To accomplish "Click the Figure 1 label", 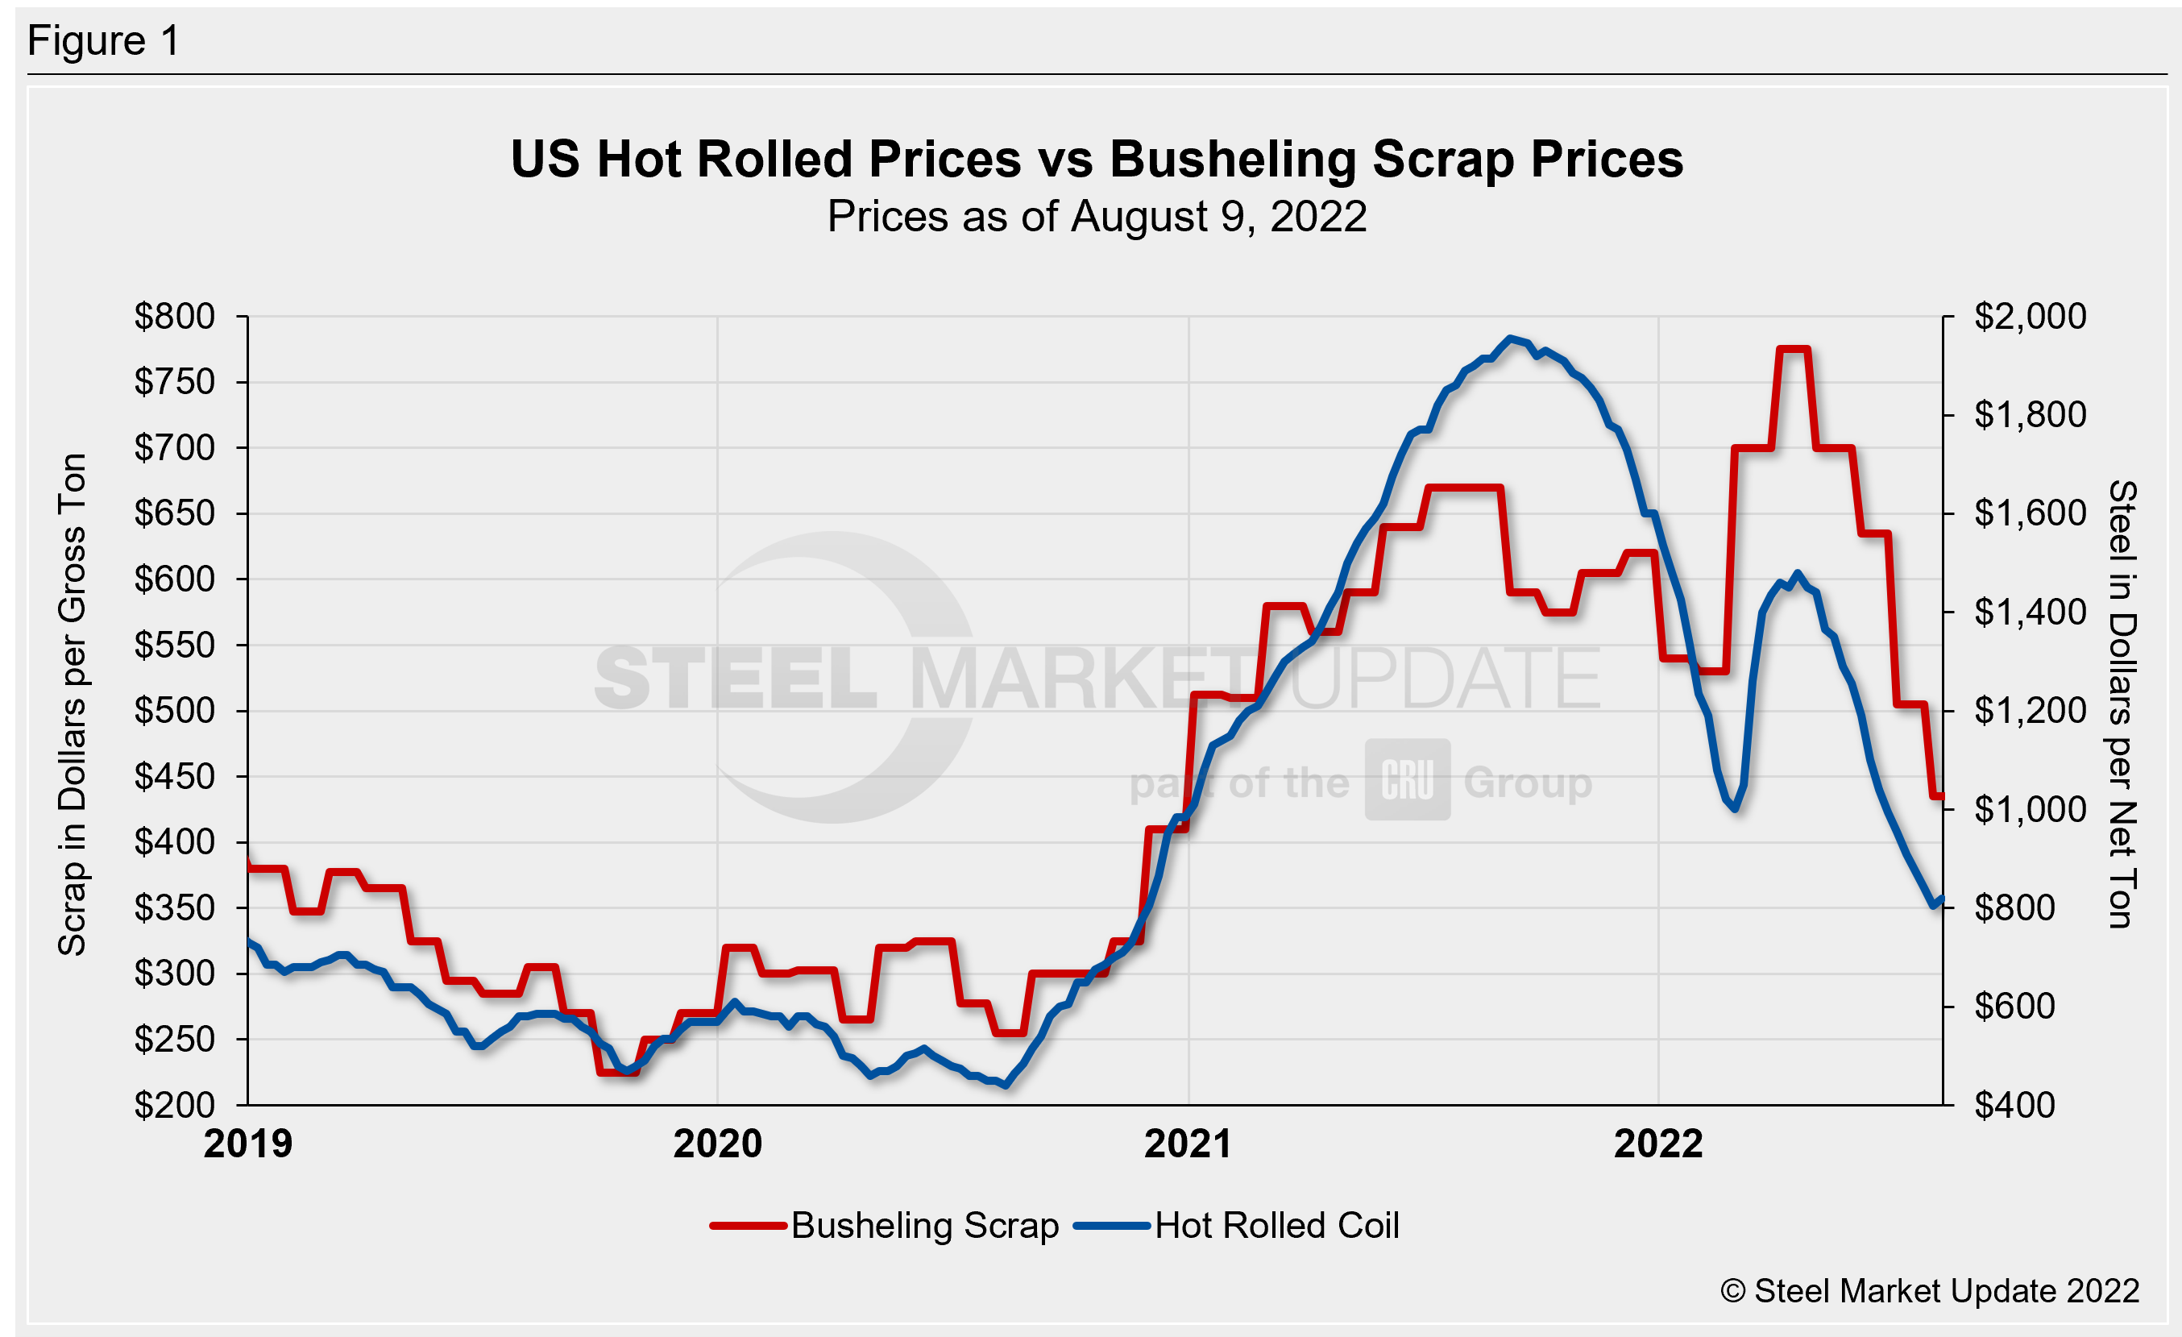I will point(104,41).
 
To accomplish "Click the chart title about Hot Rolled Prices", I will point(1097,160).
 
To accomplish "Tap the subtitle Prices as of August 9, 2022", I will point(1097,217).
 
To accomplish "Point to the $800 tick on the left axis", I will point(175,316).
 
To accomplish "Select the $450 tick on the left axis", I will point(175,777).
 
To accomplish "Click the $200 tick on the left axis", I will point(175,1105).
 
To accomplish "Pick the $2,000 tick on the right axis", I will point(2030,316).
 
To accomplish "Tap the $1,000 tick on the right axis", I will point(2030,809).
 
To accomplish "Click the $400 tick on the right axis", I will point(2014,1105).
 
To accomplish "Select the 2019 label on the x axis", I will point(248,1144).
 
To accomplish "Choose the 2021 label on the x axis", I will point(1188,1144).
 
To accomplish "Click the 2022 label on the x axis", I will point(1657,1144).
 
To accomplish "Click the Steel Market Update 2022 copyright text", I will point(1930,1291).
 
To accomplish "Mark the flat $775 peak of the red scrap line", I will point(1794,350).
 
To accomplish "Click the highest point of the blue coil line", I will point(1511,338).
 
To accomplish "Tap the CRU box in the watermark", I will point(1407,779).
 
